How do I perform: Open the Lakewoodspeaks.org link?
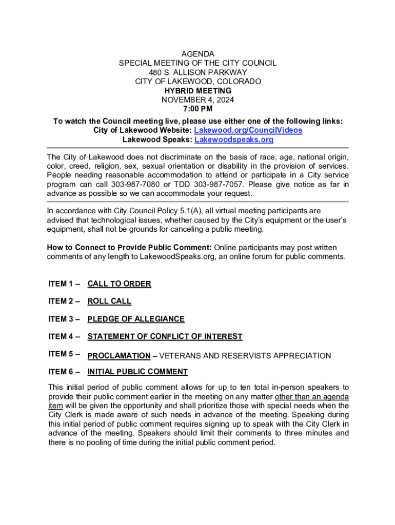tap(234, 139)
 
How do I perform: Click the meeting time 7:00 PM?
tap(197, 109)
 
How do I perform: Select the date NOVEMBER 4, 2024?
tap(197, 100)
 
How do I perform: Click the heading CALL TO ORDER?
tap(119, 284)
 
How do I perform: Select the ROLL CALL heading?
tap(109, 301)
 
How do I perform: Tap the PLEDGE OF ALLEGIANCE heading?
tap(136, 319)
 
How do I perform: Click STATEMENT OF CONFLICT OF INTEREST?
tap(165, 337)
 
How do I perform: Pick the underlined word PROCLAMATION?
tap(119, 356)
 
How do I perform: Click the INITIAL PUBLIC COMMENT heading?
tap(137, 372)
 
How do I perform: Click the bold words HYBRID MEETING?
tap(197, 91)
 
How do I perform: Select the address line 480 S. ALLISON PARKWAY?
tap(197, 72)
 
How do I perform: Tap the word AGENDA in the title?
tap(197, 54)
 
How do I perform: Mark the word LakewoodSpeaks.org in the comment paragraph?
tap(170, 257)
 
